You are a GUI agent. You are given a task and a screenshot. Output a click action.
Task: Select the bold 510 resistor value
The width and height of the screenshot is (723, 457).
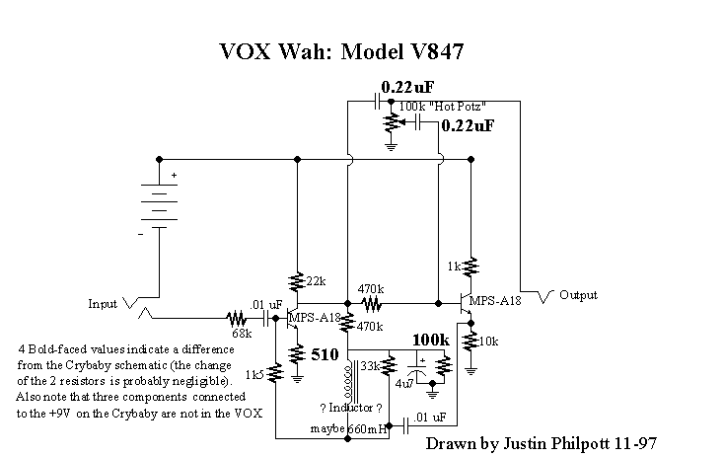(x=326, y=354)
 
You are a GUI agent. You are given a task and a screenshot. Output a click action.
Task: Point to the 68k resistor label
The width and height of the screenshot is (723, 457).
(x=243, y=333)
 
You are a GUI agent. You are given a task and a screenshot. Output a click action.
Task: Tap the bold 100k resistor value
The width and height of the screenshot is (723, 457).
(x=431, y=340)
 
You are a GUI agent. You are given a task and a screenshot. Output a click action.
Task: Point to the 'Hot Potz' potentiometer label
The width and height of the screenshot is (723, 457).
(x=442, y=105)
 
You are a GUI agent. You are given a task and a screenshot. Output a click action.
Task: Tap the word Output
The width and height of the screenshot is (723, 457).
(x=578, y=295)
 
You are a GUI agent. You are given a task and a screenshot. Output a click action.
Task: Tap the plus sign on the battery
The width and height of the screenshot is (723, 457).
(x=175, y=177)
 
